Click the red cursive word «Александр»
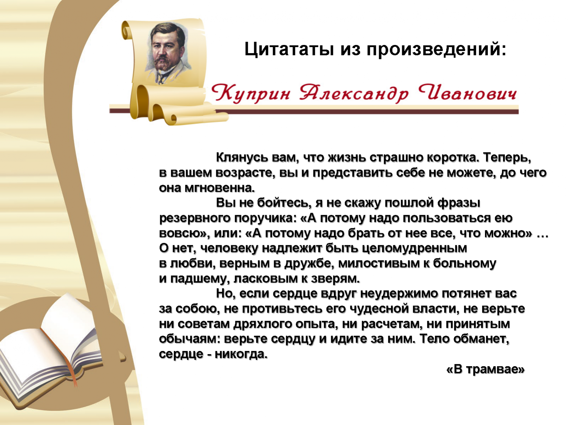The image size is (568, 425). click(x=354, y=93)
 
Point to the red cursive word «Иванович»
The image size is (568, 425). click(x=467, y=93)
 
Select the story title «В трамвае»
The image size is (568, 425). click(x=485, y=369)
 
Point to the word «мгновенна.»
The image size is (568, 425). click(x=220, y=188)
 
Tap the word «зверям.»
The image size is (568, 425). click(x=335, y=279)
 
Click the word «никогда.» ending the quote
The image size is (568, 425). click(x=241, y=354)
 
